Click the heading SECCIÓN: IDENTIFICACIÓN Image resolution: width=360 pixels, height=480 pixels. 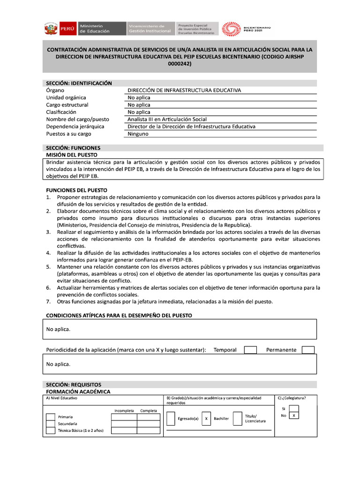point(79,83)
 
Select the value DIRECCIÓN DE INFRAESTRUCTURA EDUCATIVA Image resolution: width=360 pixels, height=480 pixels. point(184,90)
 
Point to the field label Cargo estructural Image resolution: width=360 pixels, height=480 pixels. point(67,105)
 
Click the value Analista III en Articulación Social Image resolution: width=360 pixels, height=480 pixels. point(167,119)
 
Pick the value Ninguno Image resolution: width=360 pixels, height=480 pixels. point(138,134)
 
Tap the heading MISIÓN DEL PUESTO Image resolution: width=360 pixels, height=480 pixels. point(71,155)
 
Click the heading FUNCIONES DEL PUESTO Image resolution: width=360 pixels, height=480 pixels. point(76,190)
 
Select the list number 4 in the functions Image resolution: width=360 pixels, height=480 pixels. point(48,253)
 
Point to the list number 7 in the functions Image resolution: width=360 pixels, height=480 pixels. point(48,301)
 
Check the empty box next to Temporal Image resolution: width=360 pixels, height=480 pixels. point(251,350)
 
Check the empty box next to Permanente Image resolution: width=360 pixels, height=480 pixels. point(308,350)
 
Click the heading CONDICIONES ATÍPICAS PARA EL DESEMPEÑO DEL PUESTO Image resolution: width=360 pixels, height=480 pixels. point(119,315)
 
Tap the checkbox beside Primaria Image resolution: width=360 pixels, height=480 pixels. point(50,417)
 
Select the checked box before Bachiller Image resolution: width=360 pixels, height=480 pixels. point(206,418)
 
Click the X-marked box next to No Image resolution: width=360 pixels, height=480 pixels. point(294,415)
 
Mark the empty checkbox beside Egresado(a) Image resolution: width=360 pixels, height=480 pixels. point(171,418)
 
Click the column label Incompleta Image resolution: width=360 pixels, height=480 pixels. point(124,411)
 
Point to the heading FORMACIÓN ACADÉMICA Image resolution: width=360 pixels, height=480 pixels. point(78,391)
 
